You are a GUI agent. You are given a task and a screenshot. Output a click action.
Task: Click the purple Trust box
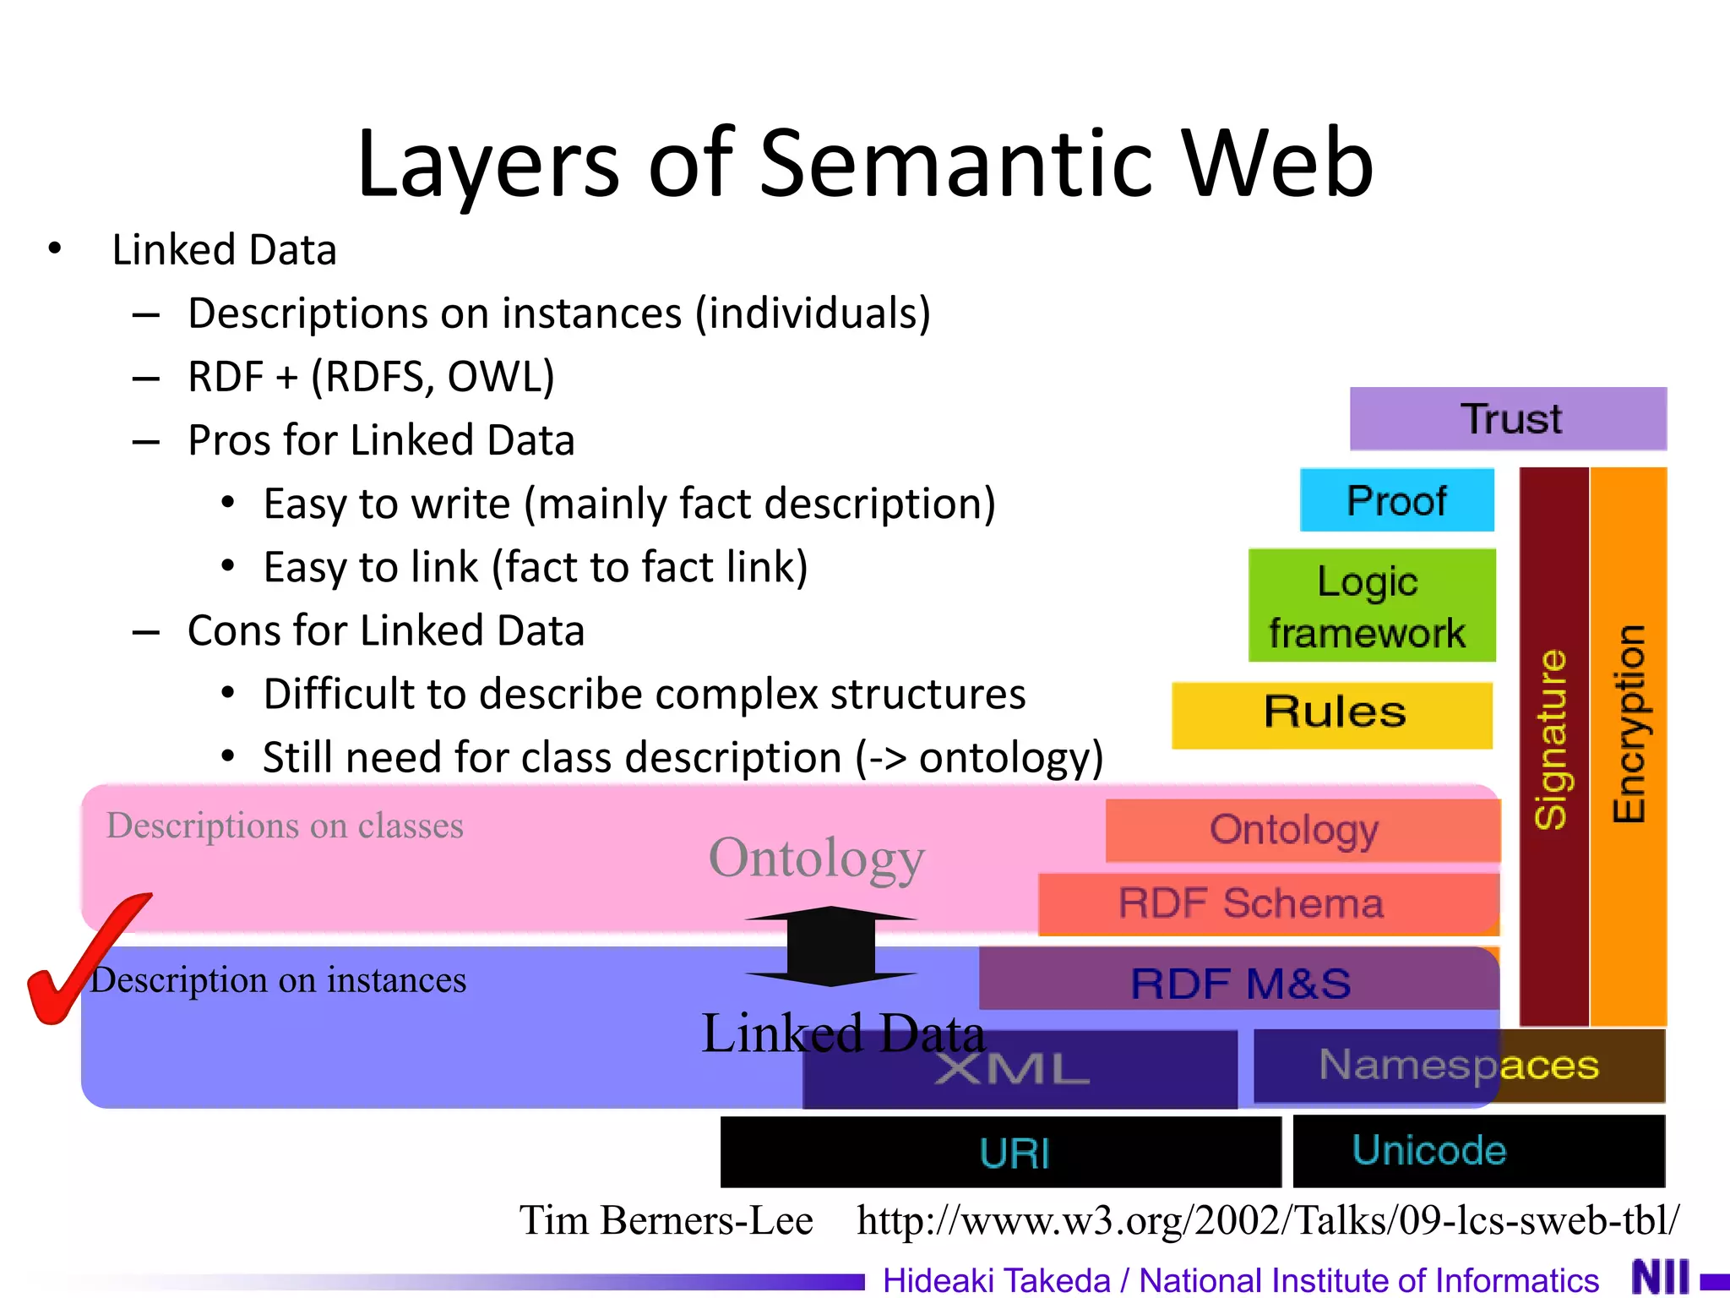click(x=1508, y=418)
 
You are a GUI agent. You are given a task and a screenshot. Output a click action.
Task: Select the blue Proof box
click(x=1396, y=500)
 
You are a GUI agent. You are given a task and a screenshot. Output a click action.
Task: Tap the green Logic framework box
click(x=1371, y=605)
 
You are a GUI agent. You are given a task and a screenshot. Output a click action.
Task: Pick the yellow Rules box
click(x=1332, y=715)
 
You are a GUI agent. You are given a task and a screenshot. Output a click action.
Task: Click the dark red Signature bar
click(x=1553, y=744)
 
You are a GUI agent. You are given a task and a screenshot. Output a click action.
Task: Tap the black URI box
click(x=1001, y=1152)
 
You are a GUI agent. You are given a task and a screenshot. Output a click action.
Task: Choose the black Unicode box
click(x=1478, y=1151)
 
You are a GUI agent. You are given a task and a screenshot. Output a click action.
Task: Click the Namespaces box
click(x=1459, y=1065)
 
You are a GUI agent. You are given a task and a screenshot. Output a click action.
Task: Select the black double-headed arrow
click(x=831, y=946)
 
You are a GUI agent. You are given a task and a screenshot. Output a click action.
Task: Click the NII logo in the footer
click(x=1661, y=1277)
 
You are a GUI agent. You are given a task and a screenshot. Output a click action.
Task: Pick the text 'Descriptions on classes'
click(x=285, y=826)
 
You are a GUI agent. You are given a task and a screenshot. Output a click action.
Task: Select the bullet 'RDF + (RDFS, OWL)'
click(x=371, y=376)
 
